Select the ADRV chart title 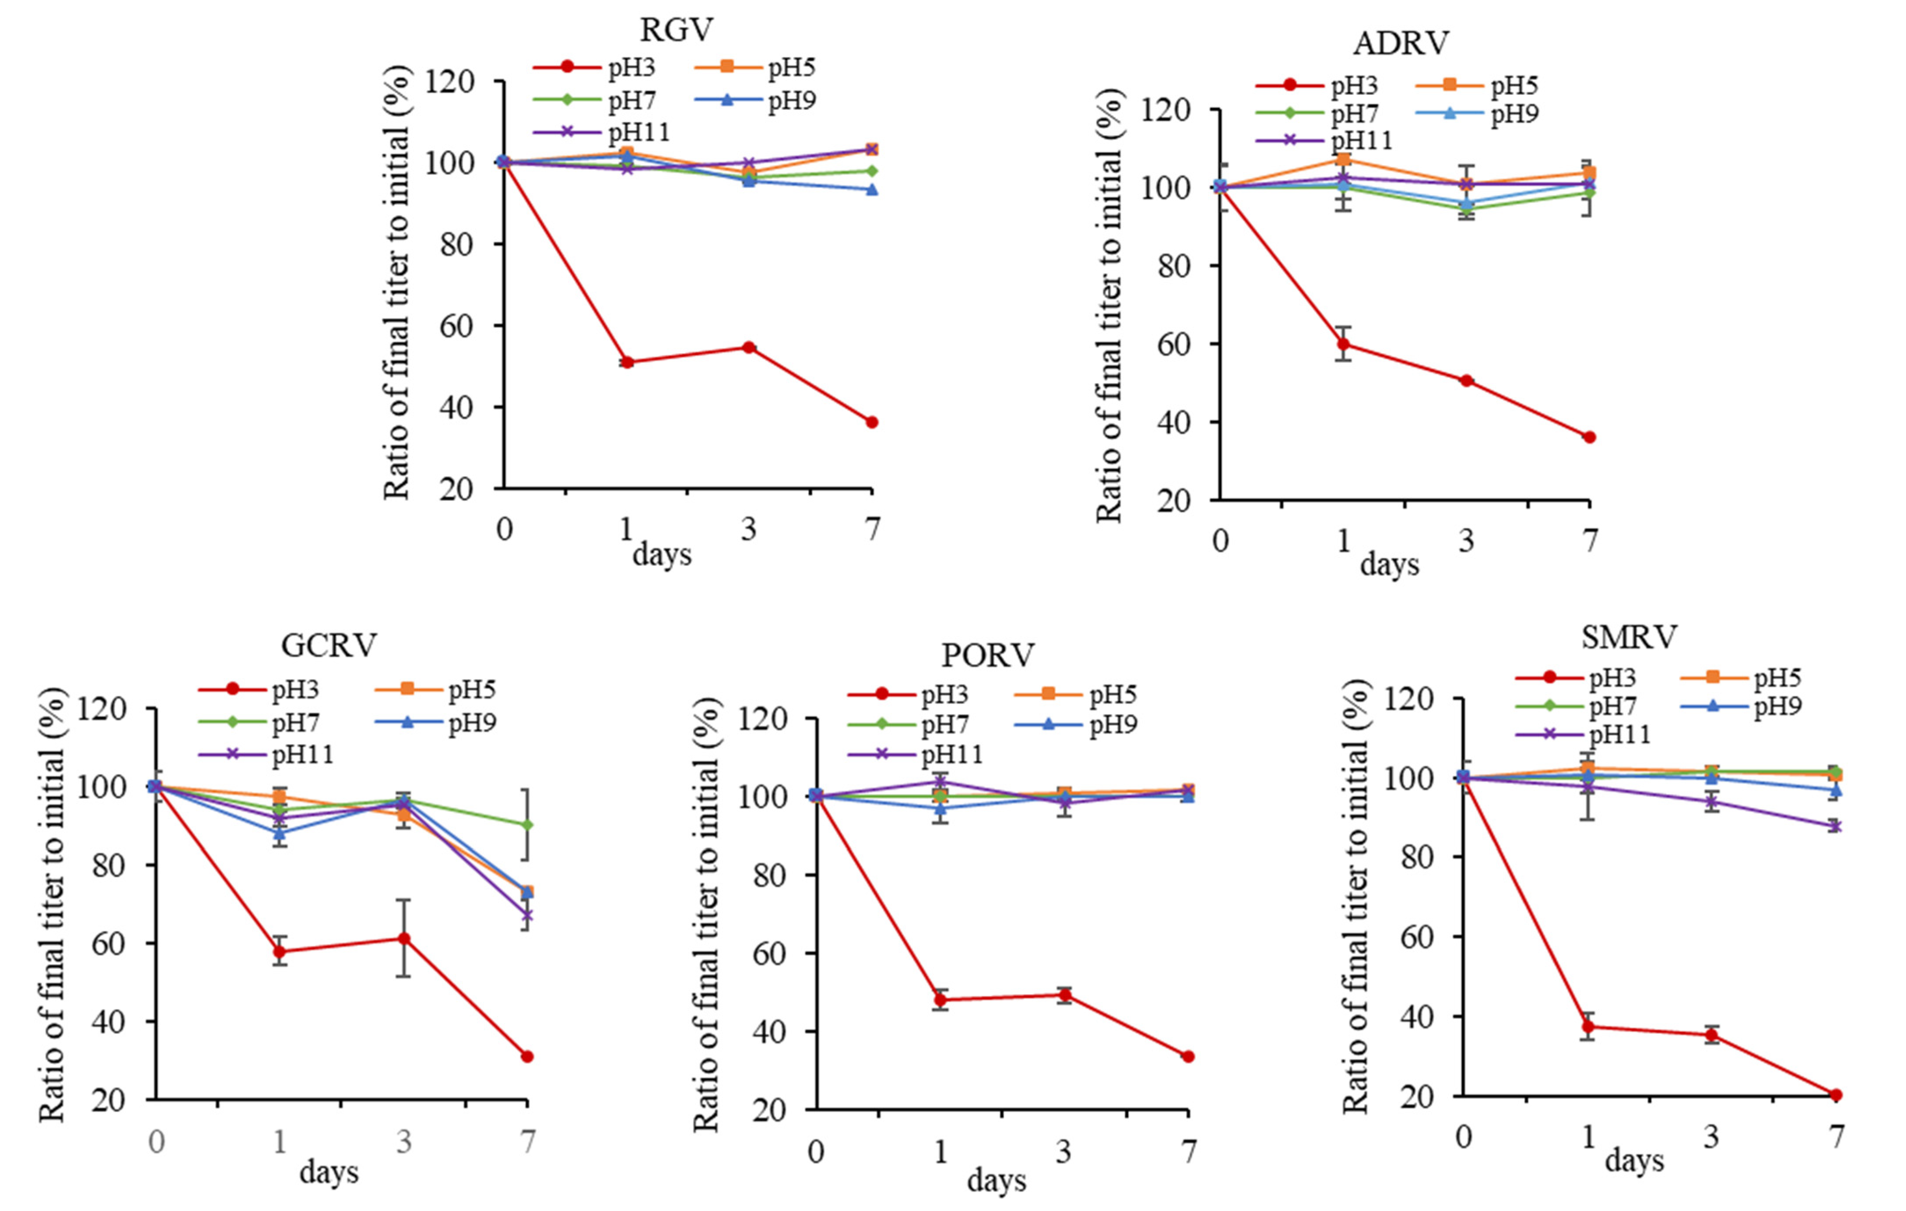pyautogui.click(x=1400, y=43)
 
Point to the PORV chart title pyautogui.click(x=988, y=655)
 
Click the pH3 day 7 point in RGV pyautogui.click(x=872, y=422)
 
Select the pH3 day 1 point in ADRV pyautogui.click(x=1343, y=343)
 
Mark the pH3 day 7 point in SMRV pyautogui.click(x=1836, y=1095)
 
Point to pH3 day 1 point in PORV pyautogui.click(x=940, y=1000)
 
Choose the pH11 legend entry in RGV pyautogui.click(x=601, y=131)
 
